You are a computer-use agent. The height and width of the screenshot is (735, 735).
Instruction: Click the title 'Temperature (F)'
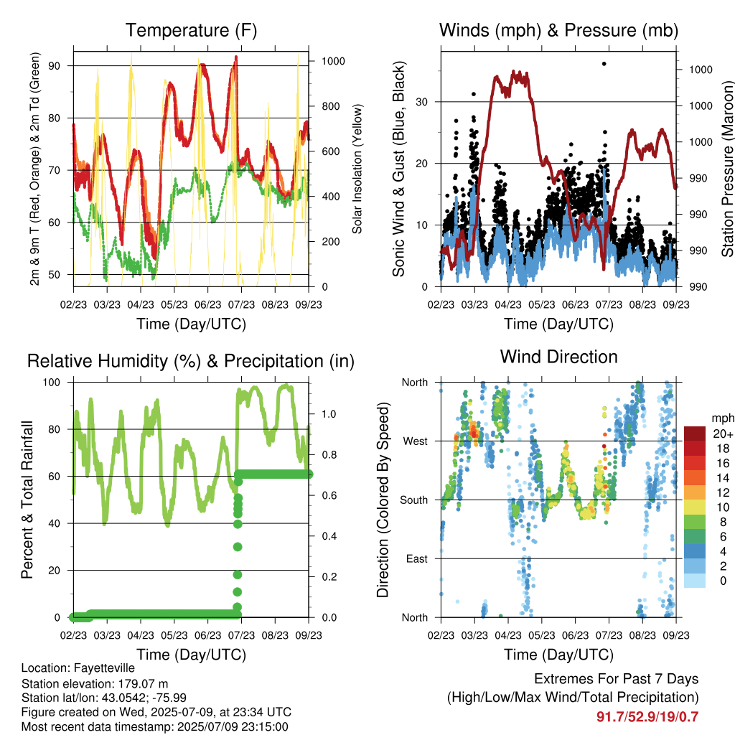pos(191,30)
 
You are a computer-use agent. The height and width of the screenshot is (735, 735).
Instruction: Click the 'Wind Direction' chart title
pos(558,357)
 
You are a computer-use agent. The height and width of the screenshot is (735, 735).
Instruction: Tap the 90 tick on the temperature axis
pos(55,65)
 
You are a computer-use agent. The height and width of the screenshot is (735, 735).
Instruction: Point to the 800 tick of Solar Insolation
pos(333,106)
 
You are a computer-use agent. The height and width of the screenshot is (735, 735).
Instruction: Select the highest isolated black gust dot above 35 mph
pos(604,64)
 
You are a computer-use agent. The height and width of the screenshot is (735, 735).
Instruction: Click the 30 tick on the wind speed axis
pos(421,102)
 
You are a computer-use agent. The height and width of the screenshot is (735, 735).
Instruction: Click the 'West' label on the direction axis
pos(416,441)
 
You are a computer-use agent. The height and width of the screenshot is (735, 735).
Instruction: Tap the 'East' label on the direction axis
pos(417,558)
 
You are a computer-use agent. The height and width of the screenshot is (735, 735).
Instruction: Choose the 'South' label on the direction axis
pos(414,500)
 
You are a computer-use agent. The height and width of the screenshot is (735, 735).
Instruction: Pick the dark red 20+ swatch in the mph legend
pos(695,434)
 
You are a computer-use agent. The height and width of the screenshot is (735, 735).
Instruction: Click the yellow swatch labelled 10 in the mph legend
pos(695,507)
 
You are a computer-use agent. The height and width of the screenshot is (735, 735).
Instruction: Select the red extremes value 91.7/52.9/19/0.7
pos(647,717)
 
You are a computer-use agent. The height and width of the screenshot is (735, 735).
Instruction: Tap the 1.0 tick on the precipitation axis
pos(329,414)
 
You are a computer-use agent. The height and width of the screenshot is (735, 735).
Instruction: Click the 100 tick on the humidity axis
pos(52,383)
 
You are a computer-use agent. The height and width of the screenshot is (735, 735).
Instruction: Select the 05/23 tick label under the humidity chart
pos(174,635)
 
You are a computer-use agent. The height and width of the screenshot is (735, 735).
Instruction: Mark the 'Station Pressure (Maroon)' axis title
pos(728,169)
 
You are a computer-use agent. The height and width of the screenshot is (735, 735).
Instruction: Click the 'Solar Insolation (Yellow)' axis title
pos(357,169)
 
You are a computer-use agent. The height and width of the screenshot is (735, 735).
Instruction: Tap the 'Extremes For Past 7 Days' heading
pos(617,679)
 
